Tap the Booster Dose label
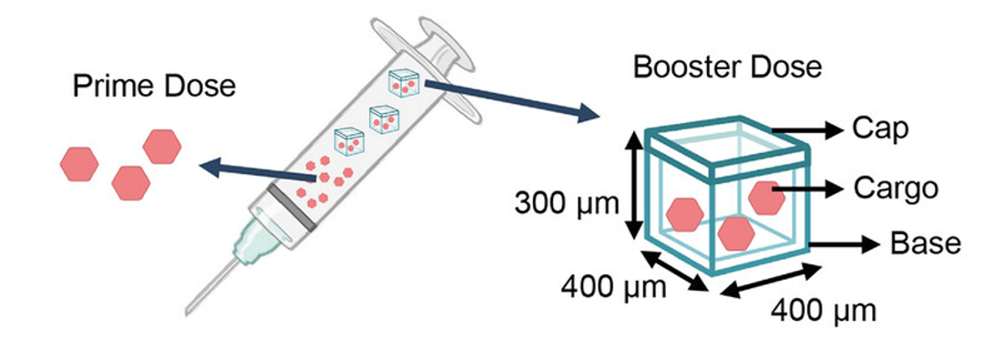point(727,67)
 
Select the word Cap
point(880,129)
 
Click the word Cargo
point(896,189)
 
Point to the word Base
point(925,243)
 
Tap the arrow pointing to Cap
point(811,130)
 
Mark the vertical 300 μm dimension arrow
point(632,187)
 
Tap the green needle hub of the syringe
point(251,244)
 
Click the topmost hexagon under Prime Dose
point(162,146)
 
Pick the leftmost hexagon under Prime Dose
point(79,163)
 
